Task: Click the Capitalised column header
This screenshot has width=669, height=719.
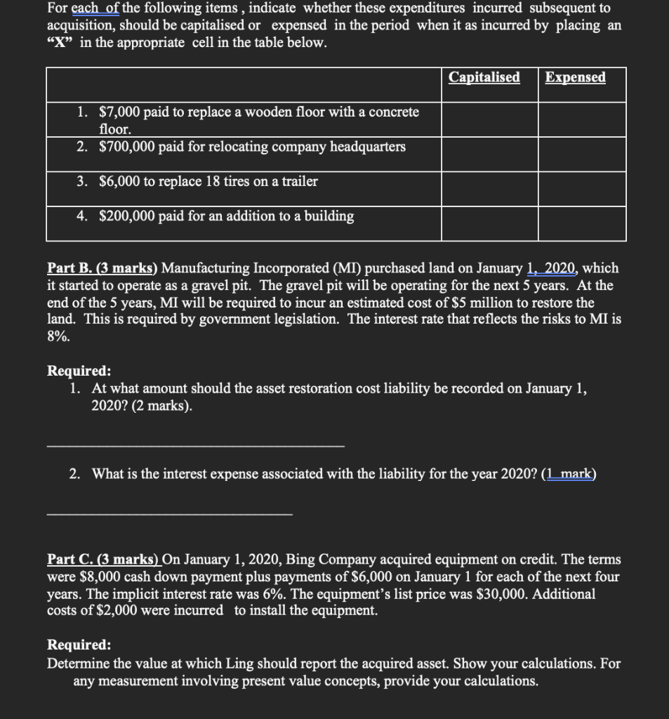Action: pos(484,77)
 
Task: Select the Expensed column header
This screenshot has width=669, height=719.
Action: pos(575,77)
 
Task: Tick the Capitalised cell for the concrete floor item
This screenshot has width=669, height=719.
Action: pos(489,120)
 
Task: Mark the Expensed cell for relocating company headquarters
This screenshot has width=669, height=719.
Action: pos(582,154)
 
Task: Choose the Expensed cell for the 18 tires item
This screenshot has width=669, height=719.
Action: pos(582,188)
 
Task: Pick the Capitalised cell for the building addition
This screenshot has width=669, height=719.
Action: pos(489,223)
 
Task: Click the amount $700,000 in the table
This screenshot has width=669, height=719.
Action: pos(128,147)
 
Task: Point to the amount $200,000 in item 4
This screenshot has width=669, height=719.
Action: pos(128,216)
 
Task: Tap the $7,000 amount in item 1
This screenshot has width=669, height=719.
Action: pos(119,112)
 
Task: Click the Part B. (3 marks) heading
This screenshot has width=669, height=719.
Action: pos(103,268)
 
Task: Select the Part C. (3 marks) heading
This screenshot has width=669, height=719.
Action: pos(103,560)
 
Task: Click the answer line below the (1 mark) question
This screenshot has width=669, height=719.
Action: pos(168,514)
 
